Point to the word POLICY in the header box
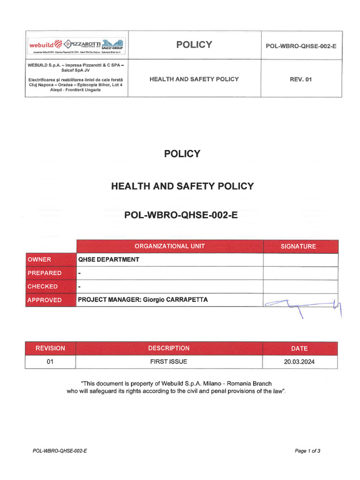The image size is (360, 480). (x=194, y=45)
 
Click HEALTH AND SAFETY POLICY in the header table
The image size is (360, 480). (x=194, y=79)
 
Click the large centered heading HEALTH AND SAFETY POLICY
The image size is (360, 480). (x=182, y=186)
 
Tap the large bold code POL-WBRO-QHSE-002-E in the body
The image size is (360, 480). (x=181, y=215)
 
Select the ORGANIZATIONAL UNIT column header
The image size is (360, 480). (x=169, y=246)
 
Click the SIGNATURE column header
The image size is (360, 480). (x=298, y=246)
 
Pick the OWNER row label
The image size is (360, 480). (x=39, y=260)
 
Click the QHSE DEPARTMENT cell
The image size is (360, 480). (x=108, y=260)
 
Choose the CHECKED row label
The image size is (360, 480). (x=43, y=286)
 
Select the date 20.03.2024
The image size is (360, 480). (x=300, y=362)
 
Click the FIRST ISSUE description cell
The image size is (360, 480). (x=169, y=362)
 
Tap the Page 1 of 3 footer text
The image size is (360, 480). (x=307, y=451)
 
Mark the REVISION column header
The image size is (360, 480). (x=50, y=348)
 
